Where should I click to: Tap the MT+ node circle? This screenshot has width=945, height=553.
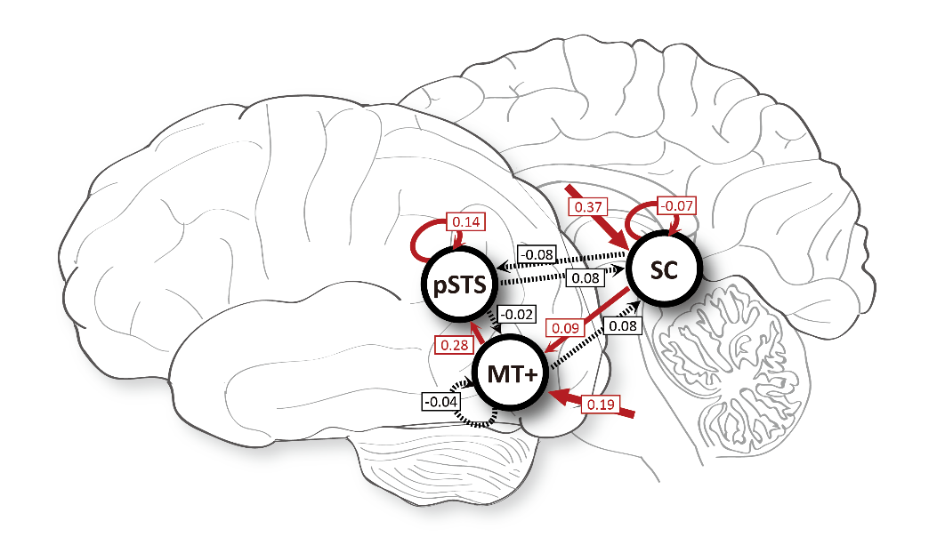tap(508, 375)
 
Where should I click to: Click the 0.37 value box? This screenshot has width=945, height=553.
tap(587, 206)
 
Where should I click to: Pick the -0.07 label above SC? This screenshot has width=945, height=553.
tap(675, 206)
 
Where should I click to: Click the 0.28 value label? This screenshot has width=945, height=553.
tap(450, 344)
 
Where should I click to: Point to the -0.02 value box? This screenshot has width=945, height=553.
tap(516, 314)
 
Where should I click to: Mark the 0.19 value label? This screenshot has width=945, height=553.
tap(599, 404)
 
